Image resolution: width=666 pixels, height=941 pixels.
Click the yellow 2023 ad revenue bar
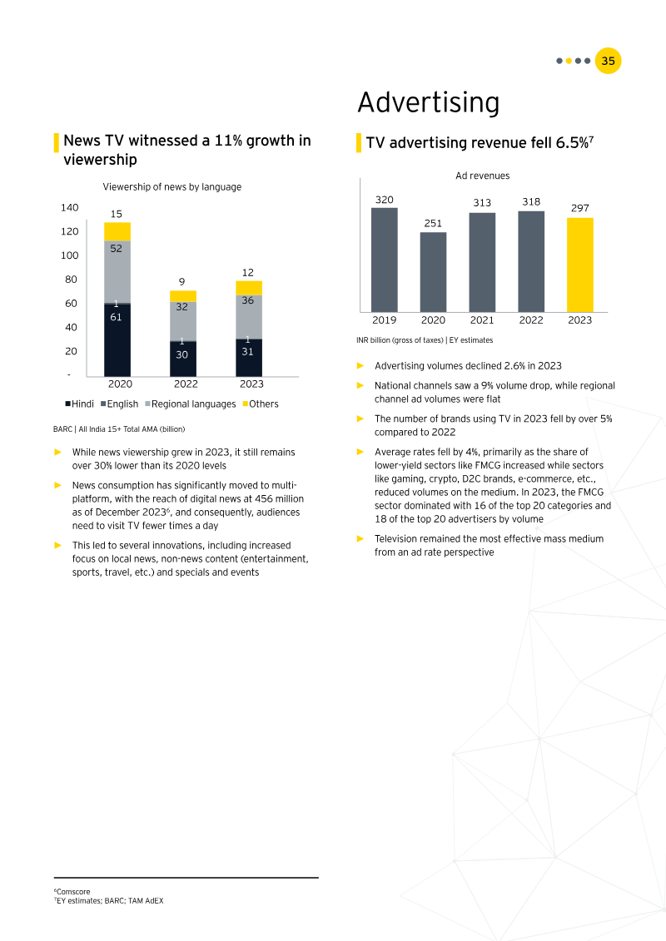tap(579, 265)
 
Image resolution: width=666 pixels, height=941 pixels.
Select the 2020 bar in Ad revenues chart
tap(433, 272)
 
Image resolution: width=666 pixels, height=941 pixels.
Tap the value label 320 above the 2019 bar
tap(384, 200)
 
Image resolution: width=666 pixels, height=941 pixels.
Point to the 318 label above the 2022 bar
tap(531, 201)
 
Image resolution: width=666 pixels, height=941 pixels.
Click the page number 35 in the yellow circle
tap(609, 61)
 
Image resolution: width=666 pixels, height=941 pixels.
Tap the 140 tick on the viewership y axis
tap(69, 207)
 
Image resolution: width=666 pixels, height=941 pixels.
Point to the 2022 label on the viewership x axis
tap(186, 384)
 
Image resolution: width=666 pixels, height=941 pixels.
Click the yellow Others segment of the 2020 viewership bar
tap(117, 231)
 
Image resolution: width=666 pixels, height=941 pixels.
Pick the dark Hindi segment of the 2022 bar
tap(183, 359)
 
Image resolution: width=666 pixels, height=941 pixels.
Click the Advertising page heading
tap(428, 102)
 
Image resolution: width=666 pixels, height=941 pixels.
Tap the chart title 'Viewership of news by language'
tap(171, 187)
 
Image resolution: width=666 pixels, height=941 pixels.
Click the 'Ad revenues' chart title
tap(482, 176)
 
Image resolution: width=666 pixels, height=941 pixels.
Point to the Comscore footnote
tap(72, 891)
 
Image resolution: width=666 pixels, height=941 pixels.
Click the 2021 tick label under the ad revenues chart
tap(482, 319)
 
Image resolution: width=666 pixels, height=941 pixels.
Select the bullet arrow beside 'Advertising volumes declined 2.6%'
tap(360, 365)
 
